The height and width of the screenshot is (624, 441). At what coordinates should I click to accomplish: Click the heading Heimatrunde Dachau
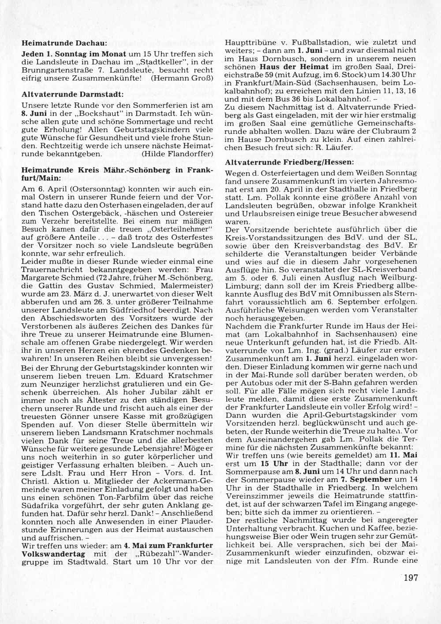[x=64, y=44]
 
